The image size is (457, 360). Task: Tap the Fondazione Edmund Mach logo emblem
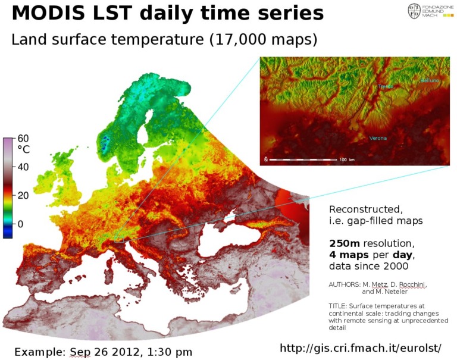click(x=414, y=10)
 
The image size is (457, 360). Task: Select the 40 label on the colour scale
click(x=23, y=167)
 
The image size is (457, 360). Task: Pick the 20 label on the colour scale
click(x=23, y=195)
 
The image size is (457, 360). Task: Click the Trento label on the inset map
click(x=386, y=87)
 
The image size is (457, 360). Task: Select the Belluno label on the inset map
click(x=429, y=80)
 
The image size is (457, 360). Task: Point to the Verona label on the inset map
click(x=377, y=138)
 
